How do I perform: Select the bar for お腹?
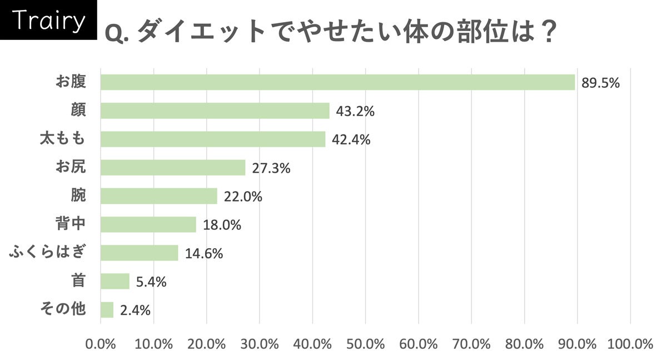[337, 82]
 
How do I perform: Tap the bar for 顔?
[215, 110]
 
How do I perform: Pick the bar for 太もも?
[213, 139]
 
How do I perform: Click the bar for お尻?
[173, 168]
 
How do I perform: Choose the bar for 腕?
[159, 196]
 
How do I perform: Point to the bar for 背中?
[148, 224]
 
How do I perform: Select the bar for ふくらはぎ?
[140, 253]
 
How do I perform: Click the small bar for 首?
[115, 281]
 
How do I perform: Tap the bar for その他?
[107, 310]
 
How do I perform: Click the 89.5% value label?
[600, 83]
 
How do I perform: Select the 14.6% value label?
[204, 254]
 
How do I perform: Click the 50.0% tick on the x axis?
[365, 344]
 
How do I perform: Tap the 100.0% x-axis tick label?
[630, 344]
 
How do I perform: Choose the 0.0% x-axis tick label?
[101, 344]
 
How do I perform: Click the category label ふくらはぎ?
[48, 253]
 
